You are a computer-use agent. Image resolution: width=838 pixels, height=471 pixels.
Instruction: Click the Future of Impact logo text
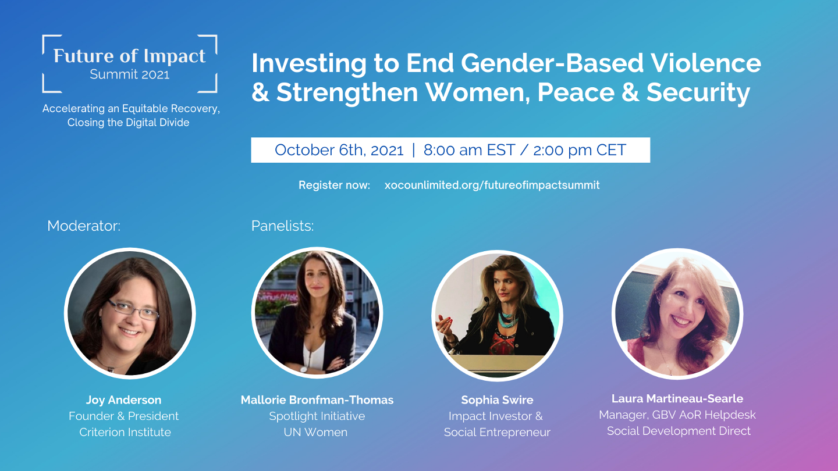[x=129, y=56]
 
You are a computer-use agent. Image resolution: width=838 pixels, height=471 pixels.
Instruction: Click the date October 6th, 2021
[x=339, y=150]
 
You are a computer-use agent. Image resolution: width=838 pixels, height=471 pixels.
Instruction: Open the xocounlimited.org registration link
[x=492, y=185]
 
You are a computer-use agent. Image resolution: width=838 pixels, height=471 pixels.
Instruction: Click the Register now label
[x=334, y=185]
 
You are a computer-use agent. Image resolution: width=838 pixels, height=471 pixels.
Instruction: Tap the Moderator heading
[x=84, y=226]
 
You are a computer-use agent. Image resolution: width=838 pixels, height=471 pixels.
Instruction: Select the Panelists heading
[x=282, y=226]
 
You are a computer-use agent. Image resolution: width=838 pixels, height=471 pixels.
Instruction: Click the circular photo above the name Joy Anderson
[x=130, y=314]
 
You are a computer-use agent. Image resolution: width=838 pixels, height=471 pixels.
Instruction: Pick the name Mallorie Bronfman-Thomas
[x=317, y=400]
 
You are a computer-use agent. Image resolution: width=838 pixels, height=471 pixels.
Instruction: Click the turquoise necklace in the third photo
[x=506, y=319]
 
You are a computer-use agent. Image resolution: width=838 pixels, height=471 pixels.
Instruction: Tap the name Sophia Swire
[x=497, y=400]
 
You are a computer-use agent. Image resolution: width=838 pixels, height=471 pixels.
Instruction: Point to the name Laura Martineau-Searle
[x=677, y=399]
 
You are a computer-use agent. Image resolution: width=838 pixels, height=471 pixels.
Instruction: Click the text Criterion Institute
[x=125, y=432]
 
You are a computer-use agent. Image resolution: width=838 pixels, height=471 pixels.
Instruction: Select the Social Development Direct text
[x=679, y=431]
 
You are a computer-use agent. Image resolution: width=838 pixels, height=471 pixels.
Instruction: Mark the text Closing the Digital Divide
[x=129, y=123]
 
